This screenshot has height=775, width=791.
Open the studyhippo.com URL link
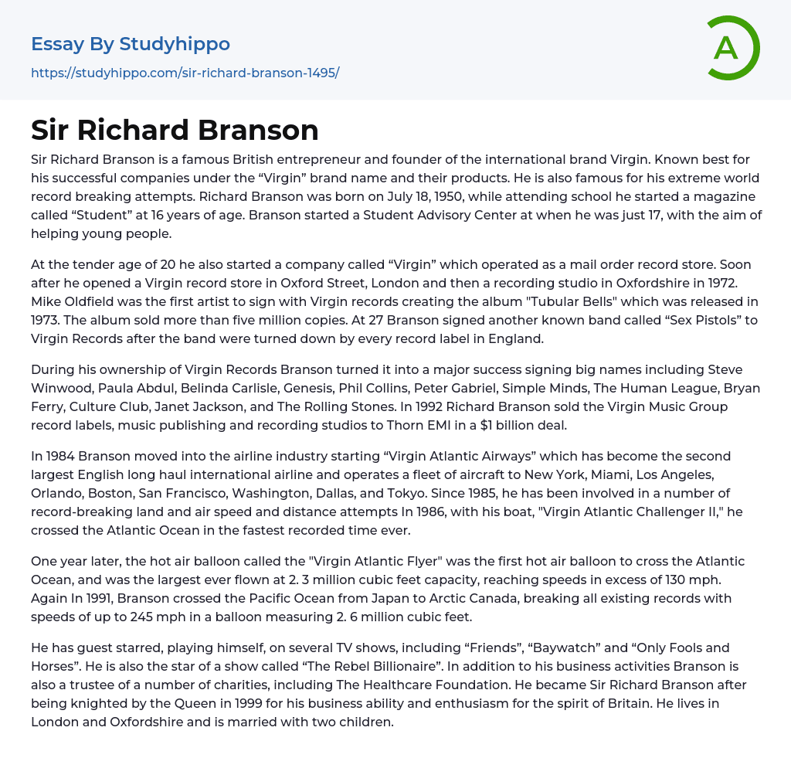(x=185, y=73)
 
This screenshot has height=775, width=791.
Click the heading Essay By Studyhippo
(x=131, y=44)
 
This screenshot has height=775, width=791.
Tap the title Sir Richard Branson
(x=175, y=130)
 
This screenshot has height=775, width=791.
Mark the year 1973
(x=48, y=320)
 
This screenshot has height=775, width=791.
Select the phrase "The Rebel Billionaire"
(x=346, y=666)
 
